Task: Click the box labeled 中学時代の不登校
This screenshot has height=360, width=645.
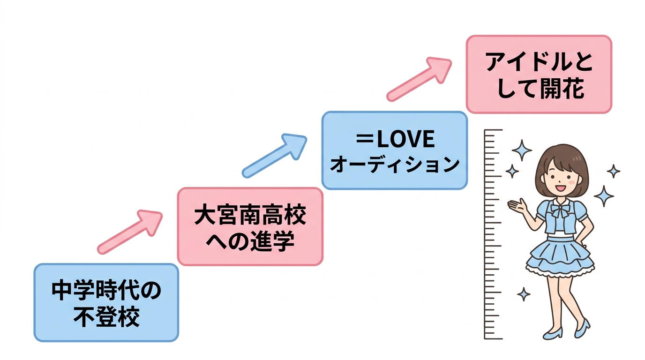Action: (x=106, y=302)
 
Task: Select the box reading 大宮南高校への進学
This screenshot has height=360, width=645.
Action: (x=250, y=226)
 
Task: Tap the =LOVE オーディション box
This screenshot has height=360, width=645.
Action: (x=394, y=150)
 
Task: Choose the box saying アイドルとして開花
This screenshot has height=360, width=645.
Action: (x=539, y=74)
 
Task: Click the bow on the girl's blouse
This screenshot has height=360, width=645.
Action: (x=561, y=210)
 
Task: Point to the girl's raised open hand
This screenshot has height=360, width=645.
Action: (x=517, y=205)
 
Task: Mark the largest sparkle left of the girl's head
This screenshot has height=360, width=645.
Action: (x=521, y=150)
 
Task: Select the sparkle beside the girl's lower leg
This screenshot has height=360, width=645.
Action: (x=524, y=294)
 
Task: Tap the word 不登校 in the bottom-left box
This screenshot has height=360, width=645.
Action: (x=106, y=317)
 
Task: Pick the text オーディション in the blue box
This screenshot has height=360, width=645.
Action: (x=394, y=165)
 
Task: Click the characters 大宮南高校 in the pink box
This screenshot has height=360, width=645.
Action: (x=250, y=216)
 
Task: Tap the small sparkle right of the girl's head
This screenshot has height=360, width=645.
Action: (x=613, y=171)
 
